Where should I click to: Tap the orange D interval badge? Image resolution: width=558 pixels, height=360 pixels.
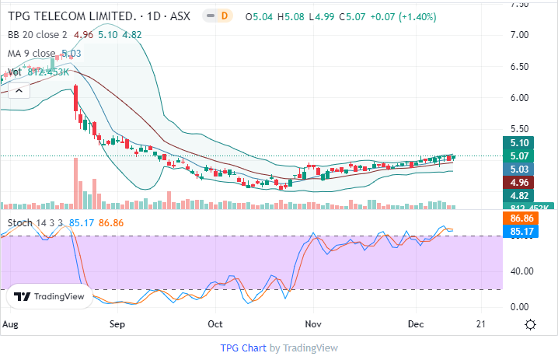point(225,16)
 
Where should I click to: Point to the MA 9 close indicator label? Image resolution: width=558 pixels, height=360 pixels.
point(33,53)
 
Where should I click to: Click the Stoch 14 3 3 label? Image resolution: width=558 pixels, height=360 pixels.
point(35,223)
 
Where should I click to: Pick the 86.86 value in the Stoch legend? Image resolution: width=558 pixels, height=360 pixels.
point(112,223)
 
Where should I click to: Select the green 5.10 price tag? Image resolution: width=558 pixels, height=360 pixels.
point(518,143)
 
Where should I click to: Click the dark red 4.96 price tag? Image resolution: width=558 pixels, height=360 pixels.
point(518,182)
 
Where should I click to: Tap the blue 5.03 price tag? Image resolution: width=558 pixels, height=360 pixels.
point(518,169)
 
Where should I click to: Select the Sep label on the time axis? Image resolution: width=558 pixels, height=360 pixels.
point(118,323)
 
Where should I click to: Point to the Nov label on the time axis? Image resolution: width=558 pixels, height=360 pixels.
point(313,323)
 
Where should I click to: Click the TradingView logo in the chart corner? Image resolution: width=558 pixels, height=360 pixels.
point(47,296)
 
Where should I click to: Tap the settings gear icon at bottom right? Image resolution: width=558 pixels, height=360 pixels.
point(530,324)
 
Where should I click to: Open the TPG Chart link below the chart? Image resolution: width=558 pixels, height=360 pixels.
point(243,348)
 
